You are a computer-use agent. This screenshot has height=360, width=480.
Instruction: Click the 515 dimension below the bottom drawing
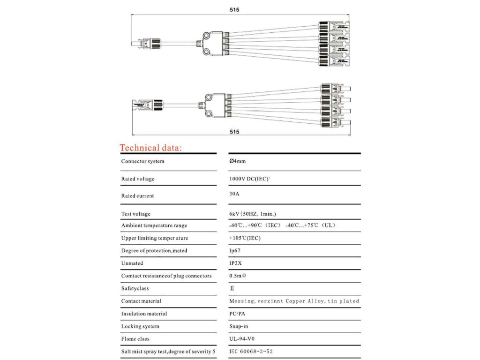235,132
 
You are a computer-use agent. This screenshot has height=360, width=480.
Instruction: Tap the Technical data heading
150,148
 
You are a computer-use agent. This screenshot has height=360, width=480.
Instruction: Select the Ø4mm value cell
237,161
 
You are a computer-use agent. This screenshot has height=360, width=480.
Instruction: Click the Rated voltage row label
138,179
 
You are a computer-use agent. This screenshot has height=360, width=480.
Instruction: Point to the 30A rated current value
234,192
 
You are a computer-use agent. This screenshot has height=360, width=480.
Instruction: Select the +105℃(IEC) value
245,238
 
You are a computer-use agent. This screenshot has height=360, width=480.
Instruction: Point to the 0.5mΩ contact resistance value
238,276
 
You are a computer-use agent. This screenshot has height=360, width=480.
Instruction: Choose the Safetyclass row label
135,288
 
